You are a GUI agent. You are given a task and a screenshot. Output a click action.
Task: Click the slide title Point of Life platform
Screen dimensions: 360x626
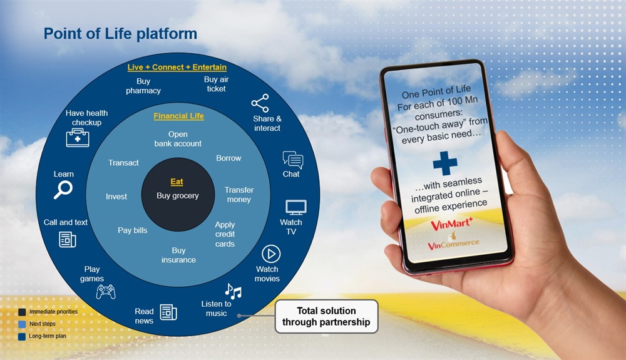[x=120, y=34]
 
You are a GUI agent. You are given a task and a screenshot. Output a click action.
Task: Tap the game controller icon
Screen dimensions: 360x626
[x=106, y=292]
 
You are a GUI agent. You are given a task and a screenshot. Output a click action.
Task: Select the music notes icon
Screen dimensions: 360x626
[x=233, y=291]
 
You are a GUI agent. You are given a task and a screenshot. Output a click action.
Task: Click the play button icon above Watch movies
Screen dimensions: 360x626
[x=270, y=254]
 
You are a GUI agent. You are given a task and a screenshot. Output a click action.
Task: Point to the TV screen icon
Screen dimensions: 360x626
[x=295, y=207]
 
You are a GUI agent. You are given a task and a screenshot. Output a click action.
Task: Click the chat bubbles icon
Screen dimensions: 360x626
[x=292, y=160]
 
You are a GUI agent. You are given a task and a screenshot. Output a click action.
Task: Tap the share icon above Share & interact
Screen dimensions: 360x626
[x=260, y=103]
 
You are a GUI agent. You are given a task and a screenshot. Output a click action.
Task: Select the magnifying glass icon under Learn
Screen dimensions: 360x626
[x=63, y=190]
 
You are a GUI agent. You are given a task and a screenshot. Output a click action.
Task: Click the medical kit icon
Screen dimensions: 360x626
[x=78, y=138]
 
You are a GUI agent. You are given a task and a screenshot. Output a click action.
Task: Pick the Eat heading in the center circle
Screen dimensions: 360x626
[x=177, y=182]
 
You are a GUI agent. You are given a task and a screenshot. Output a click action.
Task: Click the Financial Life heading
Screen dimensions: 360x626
[x=178, y=116]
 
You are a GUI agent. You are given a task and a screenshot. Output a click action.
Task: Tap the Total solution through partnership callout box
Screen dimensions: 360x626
[x=326, y=316]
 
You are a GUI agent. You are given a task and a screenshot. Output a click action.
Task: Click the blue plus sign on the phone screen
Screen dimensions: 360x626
[x=445, y=163]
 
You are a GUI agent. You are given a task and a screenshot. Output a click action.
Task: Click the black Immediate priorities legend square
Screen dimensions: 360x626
[x=22, y=312]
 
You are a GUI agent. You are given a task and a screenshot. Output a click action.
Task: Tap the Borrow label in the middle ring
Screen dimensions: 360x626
[x=228, y=158]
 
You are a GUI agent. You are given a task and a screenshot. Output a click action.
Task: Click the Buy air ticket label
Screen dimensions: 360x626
[x=215, y=84]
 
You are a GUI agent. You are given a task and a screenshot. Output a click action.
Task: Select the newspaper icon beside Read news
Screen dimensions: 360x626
[x=168, y=312]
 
